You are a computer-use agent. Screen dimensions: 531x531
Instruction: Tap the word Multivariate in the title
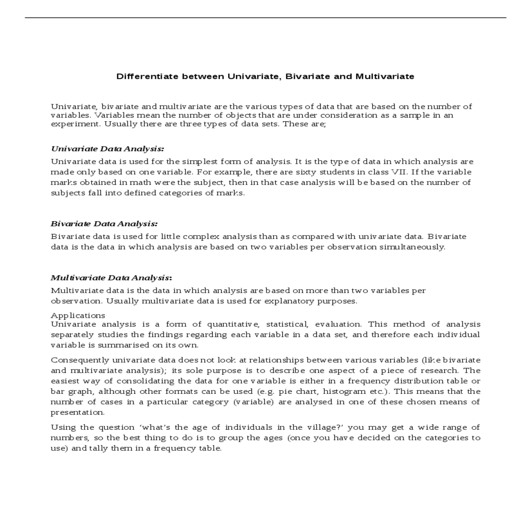tap(385, 77)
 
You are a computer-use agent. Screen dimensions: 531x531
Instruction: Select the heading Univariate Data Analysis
tap(108, 149)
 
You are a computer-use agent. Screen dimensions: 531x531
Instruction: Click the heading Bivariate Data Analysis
tap(104, 224)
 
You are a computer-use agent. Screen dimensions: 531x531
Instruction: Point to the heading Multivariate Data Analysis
tap(111, 278)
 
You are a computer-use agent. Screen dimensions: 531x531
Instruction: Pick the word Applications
tap(78, 316)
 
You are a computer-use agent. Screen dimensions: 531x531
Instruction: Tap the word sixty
tap(305, 172)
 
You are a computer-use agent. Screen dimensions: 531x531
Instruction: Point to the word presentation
tap(77, 412)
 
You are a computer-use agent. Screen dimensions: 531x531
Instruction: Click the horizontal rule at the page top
tap(265, 18)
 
